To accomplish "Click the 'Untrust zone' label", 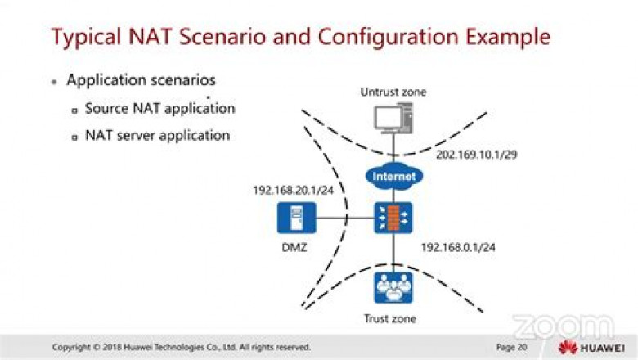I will coord(394,92).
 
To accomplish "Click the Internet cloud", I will coord(393,176).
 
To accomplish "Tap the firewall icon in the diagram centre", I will coord(393,218).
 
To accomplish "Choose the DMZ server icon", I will coord(293,218).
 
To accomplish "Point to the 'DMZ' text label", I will coord(292,246).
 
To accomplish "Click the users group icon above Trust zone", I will coord(393,286).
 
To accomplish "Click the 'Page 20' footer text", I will coord(511,347).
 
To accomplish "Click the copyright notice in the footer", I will coord(182,347).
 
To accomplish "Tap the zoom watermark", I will coord(562,326).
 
